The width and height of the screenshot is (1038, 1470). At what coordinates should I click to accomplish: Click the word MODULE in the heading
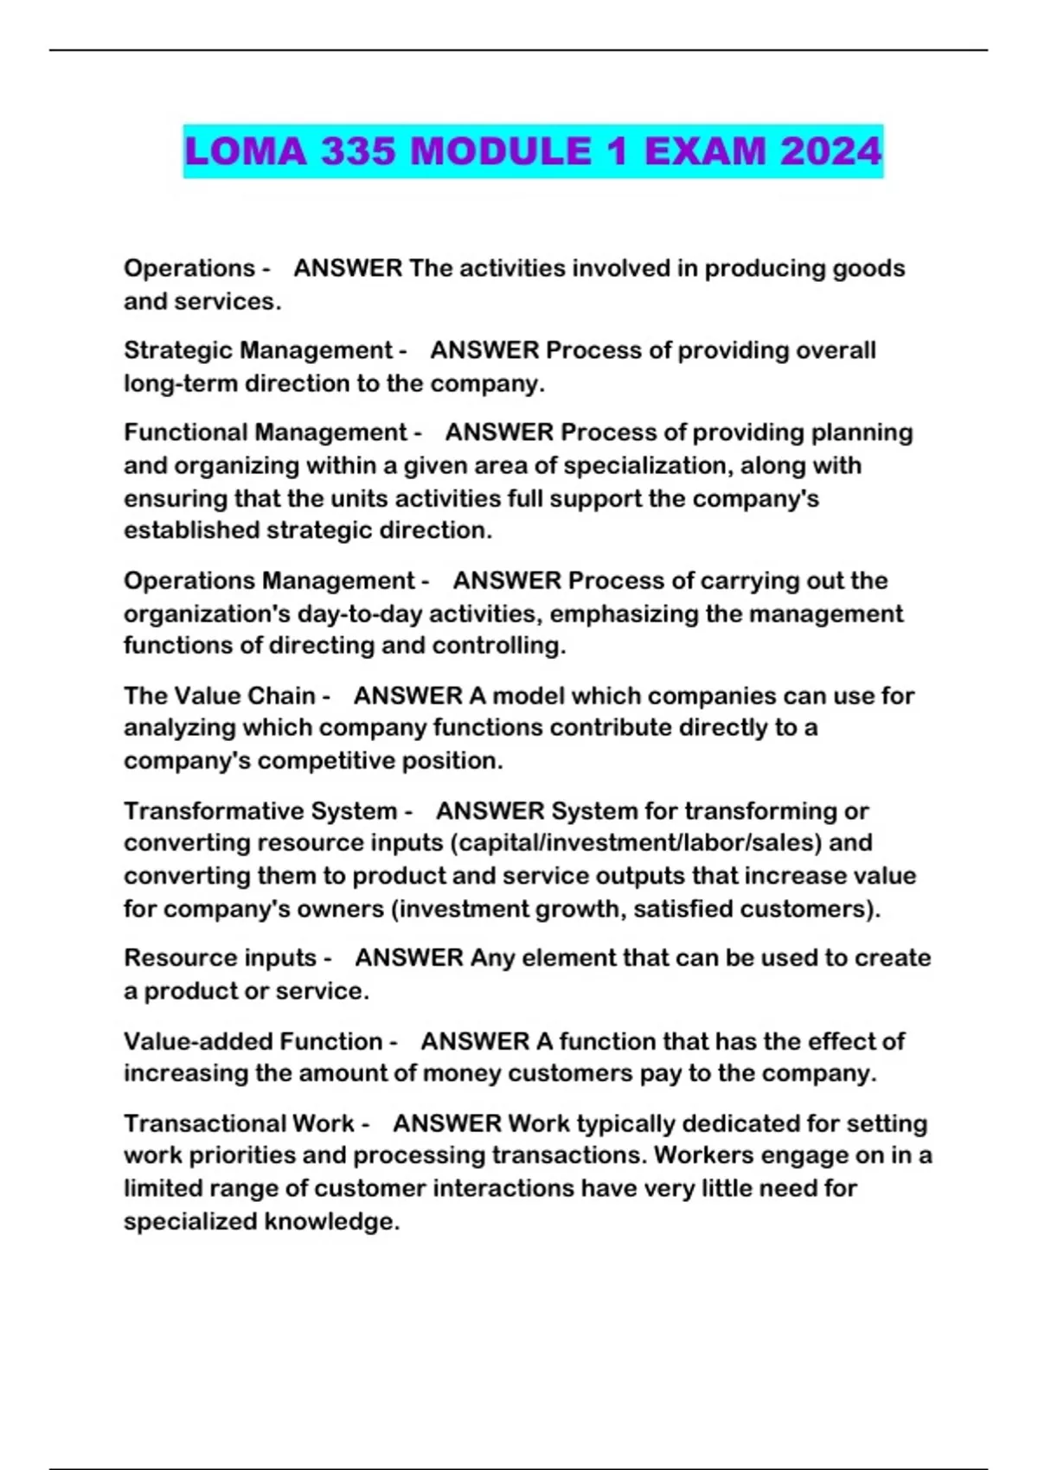click(501, 151)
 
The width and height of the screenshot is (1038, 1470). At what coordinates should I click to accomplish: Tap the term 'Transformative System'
click(259, 811)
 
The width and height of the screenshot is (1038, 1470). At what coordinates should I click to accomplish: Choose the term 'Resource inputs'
click(220, 958)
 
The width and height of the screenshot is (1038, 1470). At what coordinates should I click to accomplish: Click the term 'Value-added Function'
click(253, 1041)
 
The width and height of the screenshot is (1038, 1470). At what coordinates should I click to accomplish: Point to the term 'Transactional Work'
click(239, 1123)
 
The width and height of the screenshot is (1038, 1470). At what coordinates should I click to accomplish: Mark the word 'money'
click(461, 1073)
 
